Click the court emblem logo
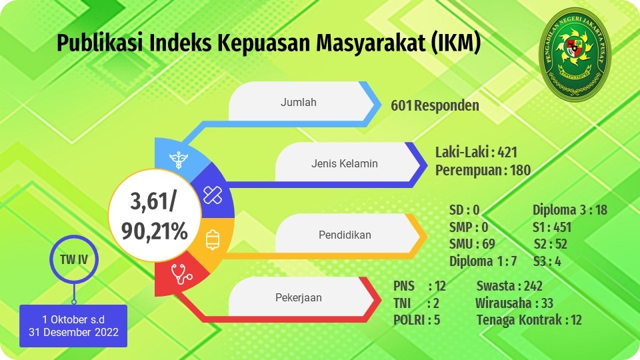575,53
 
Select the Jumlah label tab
301,102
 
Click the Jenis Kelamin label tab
348,163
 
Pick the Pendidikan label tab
348,234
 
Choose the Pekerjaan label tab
301,297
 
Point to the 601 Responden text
435,106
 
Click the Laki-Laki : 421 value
476,152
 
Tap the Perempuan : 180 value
483,170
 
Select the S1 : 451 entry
552,227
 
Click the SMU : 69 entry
472,244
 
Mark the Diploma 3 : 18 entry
570,210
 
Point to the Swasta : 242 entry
509,286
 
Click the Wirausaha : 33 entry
514,303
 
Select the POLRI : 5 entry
417,320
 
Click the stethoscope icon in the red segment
181,273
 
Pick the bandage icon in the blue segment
213,195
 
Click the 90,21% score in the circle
154,231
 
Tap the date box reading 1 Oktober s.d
73,326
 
